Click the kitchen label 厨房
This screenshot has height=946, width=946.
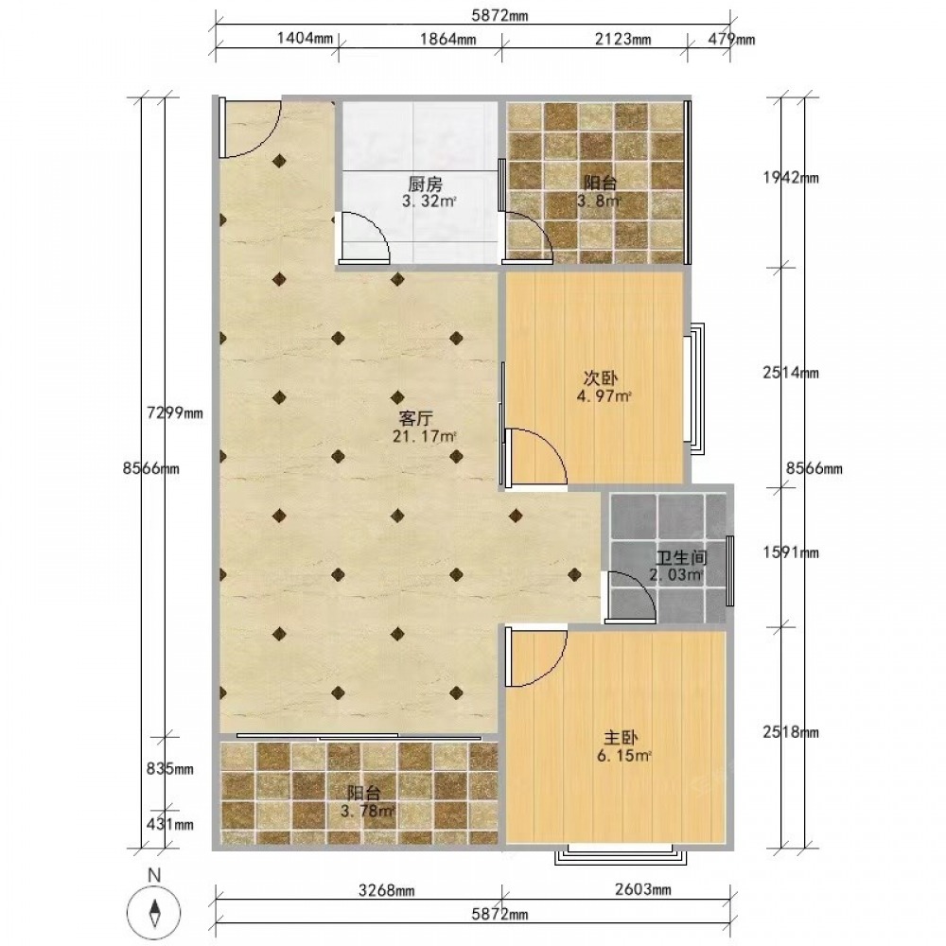(x=426, y=184)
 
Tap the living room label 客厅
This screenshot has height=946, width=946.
(x=416, y=418)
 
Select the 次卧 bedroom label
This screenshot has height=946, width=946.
(x=601, y=378)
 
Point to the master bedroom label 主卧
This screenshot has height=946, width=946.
(x=621, y=737)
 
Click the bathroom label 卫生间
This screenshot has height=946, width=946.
(x=682, y=558)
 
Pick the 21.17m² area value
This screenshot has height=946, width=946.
(x=425, y=435)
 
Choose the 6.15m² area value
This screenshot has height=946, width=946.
(x=624, y=755)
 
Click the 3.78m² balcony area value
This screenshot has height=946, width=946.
(x=368, y=811)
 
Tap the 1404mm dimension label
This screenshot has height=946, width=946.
(x=305, y=39)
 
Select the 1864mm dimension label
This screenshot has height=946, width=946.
(x=447, y=39)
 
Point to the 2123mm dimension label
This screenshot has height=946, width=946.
(x=622, y=39)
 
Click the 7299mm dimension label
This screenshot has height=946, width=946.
(x=175, y=413)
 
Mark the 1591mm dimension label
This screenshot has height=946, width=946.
(x=791, y=552)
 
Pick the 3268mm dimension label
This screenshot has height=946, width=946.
(x=386, y=890)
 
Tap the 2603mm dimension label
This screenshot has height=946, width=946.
(x=642, y=888)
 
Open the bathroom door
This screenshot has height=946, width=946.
(x=631, y=597)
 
